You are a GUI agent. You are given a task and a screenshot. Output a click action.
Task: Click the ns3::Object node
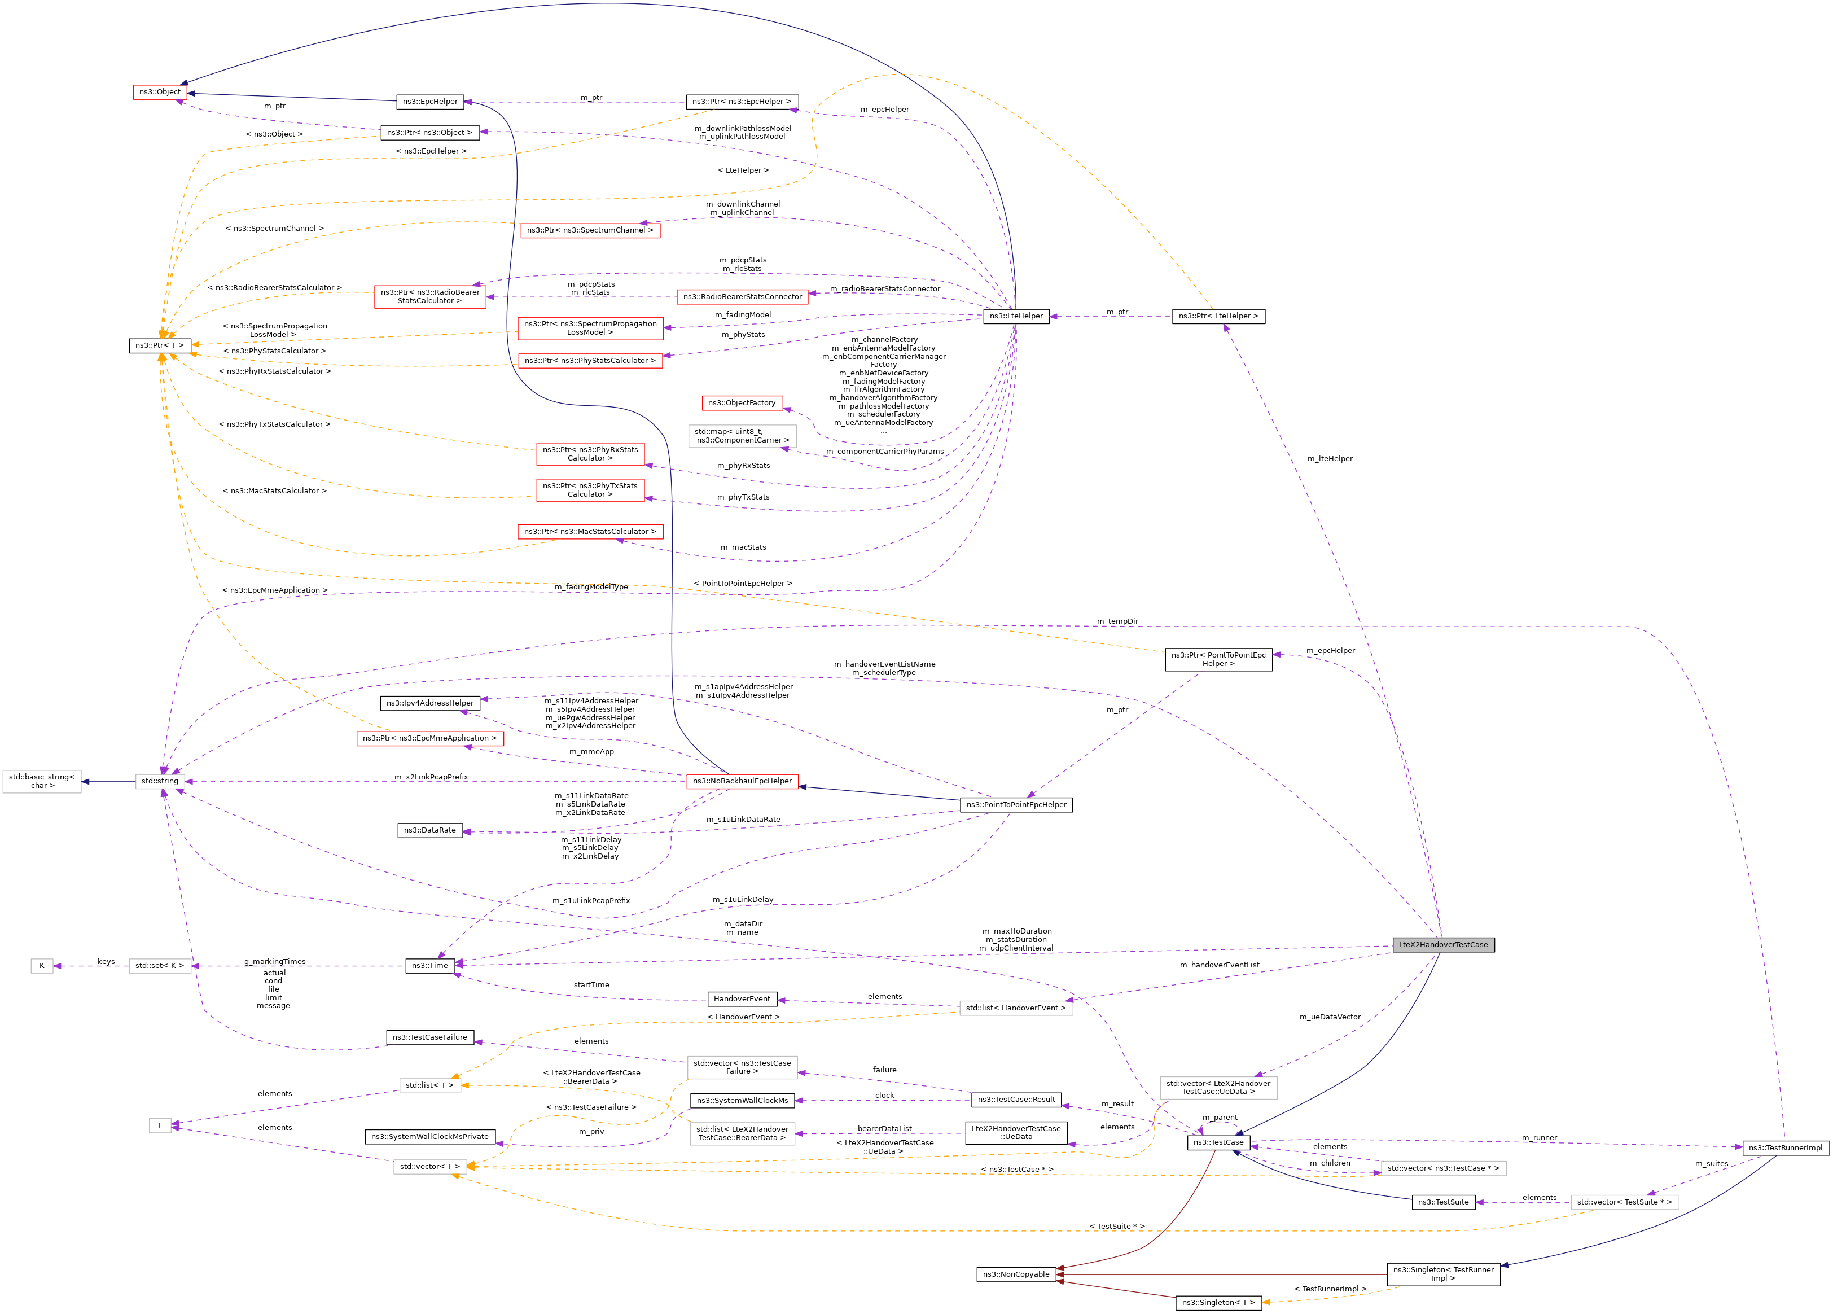click(159, 92)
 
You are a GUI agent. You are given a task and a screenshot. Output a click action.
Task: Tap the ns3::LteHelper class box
click(1016, 316)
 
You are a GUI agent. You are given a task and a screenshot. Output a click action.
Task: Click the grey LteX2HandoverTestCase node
click(1442, 945)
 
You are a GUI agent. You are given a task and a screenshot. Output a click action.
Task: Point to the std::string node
click(160, 781)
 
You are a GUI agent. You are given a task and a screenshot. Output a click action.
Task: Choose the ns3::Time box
click(429, 966)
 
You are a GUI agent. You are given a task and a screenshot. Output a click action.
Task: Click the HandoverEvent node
click(742, 999)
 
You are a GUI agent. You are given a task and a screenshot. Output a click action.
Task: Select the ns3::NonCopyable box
click(1016, 1274)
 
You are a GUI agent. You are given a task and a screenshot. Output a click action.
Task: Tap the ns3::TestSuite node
click(1442, 1202)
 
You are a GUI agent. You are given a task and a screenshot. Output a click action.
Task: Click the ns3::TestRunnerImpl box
click(1786, 1147)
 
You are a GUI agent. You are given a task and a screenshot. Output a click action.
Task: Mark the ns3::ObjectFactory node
click(742, 403)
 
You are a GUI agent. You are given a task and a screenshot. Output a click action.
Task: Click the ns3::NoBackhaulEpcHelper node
click(742, 781)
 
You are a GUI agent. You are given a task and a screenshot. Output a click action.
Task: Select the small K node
click(42, 966)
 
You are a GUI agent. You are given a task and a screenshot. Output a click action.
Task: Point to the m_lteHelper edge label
click(1330, 459)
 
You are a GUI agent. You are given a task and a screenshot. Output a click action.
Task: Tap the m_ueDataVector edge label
click(1330, 1018)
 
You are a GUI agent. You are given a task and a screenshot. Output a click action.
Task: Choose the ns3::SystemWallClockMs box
click(742, 1101)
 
